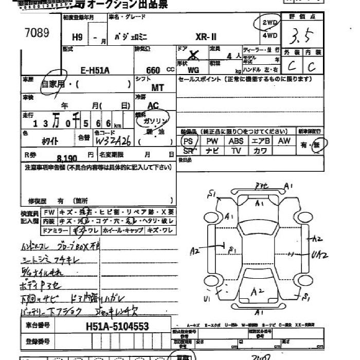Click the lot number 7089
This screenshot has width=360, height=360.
click(x=37, y=32)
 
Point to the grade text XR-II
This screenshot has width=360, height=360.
click(x=206, y=38)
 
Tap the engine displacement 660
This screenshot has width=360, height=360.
click(x=153, y=70)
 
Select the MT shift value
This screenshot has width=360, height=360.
click(x=157, y=88)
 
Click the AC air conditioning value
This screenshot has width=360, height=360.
click(x=153, y=105)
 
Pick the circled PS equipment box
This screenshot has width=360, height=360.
click(x=188, y=141)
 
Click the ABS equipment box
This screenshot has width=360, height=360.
click(x=236, y=141)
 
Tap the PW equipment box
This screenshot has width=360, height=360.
click(x=212, y=141)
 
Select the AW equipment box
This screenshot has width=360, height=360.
click(x=284, y=141)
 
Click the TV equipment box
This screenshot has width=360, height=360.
click(x=236, y=151)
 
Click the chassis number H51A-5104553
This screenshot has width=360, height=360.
click(x=115, y=326)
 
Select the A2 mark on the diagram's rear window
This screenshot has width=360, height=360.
click(x=257, y=292)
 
